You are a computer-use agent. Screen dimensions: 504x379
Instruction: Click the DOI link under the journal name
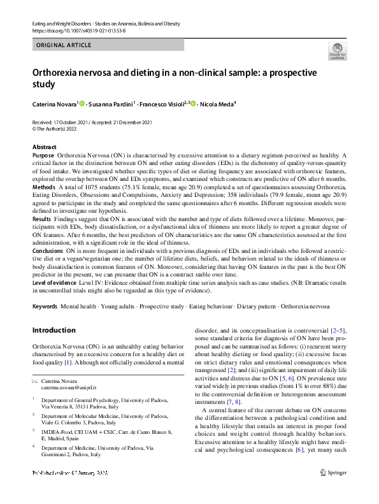coord(80,30)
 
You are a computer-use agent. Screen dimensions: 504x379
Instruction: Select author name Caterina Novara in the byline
coord(54,104)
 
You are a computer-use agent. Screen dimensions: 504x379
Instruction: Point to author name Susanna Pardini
coord(110,104)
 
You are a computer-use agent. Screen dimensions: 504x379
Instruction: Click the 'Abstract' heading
coord(44,147)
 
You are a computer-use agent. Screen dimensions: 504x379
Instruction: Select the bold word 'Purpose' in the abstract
coord(43,155)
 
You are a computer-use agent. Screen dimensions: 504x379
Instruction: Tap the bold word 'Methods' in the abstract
coord(43,188)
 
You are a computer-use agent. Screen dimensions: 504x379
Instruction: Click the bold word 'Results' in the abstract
coord(42,218)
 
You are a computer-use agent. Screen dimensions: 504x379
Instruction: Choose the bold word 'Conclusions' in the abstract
coord(48,251)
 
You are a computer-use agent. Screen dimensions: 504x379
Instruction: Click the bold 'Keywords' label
coord(45,306)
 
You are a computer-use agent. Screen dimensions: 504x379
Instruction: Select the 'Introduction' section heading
coord(54,330)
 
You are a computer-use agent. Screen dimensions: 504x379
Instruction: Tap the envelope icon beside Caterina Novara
coord(35,380)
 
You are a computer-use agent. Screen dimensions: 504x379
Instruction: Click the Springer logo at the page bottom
coord(334,491)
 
